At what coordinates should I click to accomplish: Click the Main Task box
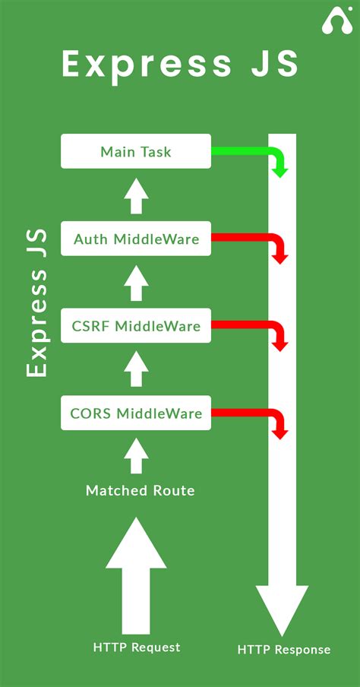click(x=136, y=152)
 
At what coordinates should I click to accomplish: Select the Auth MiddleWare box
click(x=136, y=239)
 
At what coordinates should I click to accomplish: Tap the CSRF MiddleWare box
click(x=136, y=327)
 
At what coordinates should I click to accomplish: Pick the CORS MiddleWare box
click(x=136, y=414)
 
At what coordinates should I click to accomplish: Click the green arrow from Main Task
click(x=251, y=152)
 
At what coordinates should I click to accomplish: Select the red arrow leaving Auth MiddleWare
click(x=251, y=240)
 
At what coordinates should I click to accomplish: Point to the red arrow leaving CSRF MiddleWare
click(x=251, y=328)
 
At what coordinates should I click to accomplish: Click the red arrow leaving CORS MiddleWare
click(x=251, y=415)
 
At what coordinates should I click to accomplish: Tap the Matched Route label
click(x=140, y=491)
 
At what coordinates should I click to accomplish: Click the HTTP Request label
click(x=137, y=647)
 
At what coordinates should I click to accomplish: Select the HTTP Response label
click(x=283, y=650)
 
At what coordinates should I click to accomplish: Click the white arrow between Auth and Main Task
click(x=136, y=196)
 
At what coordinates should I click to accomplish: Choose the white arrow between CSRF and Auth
click(x=136, y=283)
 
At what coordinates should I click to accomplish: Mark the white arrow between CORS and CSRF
click(x=136, y=371)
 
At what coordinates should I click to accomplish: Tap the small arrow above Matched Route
click(x=136, y=457)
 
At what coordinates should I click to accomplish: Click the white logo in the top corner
click(x=336, y=21)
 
